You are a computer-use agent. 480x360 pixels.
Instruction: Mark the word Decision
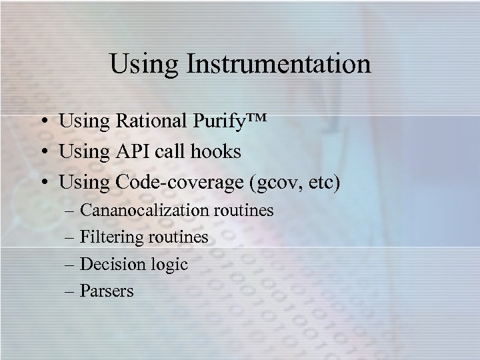[109, 264]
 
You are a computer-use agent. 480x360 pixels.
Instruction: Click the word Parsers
[107, 291]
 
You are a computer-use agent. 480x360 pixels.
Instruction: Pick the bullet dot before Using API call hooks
[42, 153]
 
